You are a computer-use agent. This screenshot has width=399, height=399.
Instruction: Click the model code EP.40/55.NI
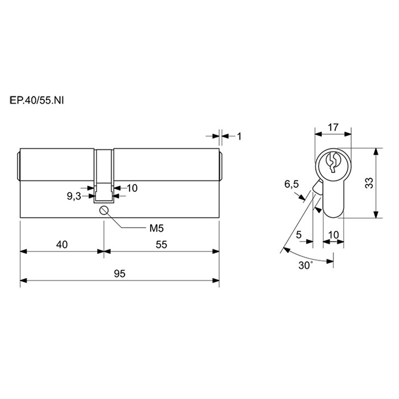click(x=37, y=101)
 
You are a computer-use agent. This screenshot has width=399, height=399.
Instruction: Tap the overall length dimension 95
click(x=120, y=274)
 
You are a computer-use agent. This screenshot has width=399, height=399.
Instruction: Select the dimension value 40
click(x=62, y=245)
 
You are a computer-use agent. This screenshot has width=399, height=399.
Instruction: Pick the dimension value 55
click(x=161, y=245)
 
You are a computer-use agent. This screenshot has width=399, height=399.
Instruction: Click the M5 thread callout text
click(x=156, y=229)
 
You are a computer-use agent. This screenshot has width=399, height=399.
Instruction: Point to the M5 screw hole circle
click(x=104, y=210)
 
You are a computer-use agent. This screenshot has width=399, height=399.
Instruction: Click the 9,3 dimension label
click(x=74, y=196)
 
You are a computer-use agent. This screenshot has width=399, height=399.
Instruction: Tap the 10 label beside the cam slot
click(x=132, y=188)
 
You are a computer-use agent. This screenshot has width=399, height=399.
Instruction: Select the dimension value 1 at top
click(x=239, y=136)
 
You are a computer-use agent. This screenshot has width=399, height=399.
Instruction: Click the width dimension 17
click(x=333, y=127)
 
